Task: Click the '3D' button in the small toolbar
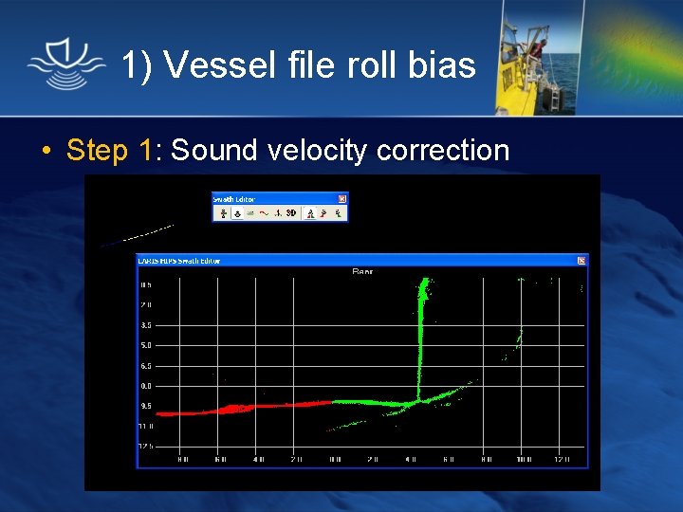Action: [292, 213]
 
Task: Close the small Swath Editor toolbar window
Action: [342, 199]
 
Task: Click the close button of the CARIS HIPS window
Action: [582, 260]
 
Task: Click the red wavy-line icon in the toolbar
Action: [264, 213]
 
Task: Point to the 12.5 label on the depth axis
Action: [146, 447]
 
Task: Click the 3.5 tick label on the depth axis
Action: [146, 325]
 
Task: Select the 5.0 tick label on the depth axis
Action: [146, 345]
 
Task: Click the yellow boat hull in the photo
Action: [531, 90]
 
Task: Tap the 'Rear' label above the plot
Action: [362, 272]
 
